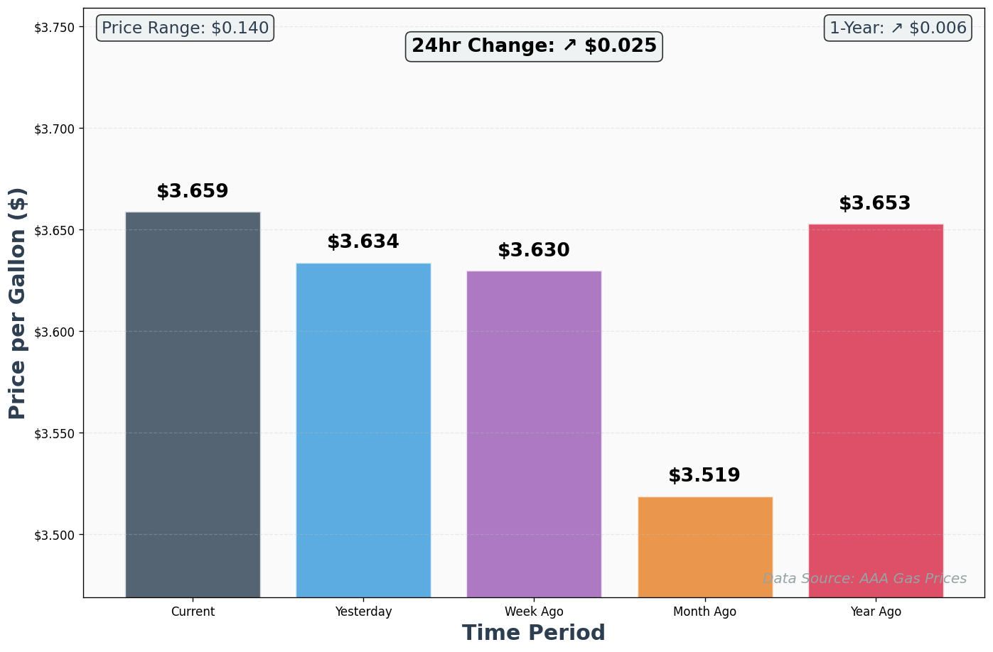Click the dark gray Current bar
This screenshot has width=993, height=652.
pos(193,404)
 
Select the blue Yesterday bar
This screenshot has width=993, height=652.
pos(363,430)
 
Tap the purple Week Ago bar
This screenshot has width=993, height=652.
pos(534,433)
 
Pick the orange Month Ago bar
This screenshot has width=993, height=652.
pos(705,546)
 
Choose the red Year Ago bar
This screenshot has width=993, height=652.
pos(876,411)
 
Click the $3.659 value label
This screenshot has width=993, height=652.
pos(193,192)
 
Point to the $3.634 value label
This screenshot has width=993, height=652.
pos(363,242)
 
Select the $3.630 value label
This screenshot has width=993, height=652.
pos(534,251)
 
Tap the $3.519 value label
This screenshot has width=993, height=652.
pos(704,476)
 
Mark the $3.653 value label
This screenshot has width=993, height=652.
pos(875,204)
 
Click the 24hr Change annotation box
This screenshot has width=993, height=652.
pos(534,46)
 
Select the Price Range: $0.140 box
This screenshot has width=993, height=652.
pos(185,28)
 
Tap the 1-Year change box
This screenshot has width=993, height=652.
pos(898,28)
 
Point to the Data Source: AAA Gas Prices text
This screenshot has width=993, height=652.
pos(864,579)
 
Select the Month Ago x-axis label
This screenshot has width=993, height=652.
pos(704,612)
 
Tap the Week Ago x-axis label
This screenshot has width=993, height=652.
pos(534,612)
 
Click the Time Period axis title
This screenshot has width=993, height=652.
pos(534,633)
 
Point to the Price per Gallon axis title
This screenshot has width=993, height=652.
pos(18,303)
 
